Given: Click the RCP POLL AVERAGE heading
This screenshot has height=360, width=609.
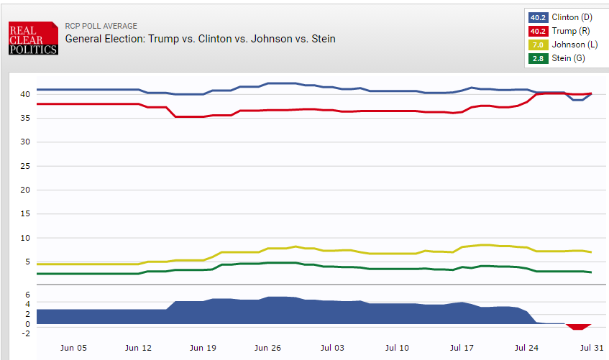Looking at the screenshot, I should (101, 27).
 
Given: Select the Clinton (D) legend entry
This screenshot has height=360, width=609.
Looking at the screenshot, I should (572, 17).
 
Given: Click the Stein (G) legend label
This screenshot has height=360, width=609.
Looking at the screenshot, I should (568, 58).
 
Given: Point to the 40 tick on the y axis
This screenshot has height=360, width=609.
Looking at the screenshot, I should (24, 94).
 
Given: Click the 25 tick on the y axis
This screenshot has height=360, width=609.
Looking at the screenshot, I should (24, 166).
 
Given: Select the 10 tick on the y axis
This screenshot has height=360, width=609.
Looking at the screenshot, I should (24, 238).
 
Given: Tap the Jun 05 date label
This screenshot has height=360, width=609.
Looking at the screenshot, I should (73, 348).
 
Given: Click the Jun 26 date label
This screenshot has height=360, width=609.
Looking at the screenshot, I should (267, 348).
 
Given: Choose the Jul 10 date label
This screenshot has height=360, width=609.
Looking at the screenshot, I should (397, 348).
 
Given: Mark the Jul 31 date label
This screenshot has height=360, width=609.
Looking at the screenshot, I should (590, 348).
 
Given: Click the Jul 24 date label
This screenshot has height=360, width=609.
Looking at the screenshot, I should (526, 348).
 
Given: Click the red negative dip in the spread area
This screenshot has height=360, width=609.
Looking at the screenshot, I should (575, 327).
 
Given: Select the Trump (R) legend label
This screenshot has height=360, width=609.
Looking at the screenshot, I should (569, 31).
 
